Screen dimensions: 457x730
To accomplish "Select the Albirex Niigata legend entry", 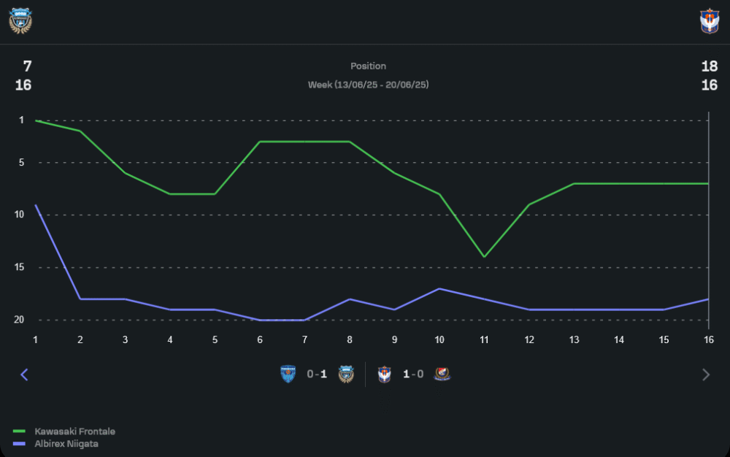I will pyautogui.click(x=66, y=443).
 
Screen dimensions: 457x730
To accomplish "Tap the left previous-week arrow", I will pyautogui.click(x=24, y=375).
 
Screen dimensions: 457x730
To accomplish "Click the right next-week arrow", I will pyautogui.click(x=705, y=375).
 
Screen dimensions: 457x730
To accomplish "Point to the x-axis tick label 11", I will pyautogui.click(x=483, y=339).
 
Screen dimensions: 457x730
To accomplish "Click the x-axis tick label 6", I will pyautogui.click(x=260, y=339).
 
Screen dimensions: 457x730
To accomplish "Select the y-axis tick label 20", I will pyautogui.click(x=19, y=320).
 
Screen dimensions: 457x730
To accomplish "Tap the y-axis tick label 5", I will pyautogui.click(x=21, y=162).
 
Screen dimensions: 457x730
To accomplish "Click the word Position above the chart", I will pyautogui.click(x=368, y=66).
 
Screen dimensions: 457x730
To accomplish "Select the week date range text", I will pyautogui.click(x=368, y=85).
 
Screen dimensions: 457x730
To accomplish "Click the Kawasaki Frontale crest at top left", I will pyautogui.click(x=20, y=21).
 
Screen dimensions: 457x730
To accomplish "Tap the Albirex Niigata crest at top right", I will pyautogui.click(x=710, y=21).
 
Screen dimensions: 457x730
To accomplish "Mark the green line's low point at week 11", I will pyautogui.click(x=483, y=257).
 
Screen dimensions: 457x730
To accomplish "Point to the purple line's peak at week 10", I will pyautogui.click(x=439, y=288).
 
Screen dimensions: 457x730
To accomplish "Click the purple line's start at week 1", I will pyautogui.click(x=36, y=205).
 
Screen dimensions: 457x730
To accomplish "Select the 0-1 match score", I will pyautogui.click(x=317, y=375).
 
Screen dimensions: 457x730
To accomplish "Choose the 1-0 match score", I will pyautogui.click(x=413, y=375).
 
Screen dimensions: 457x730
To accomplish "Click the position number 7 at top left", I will pyautogui.click(x=27, y=66).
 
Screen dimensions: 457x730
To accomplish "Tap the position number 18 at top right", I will pyautogui.click(x=709, y=66).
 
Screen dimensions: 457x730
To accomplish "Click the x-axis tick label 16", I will pyautogui.click(x=708, y=339).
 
